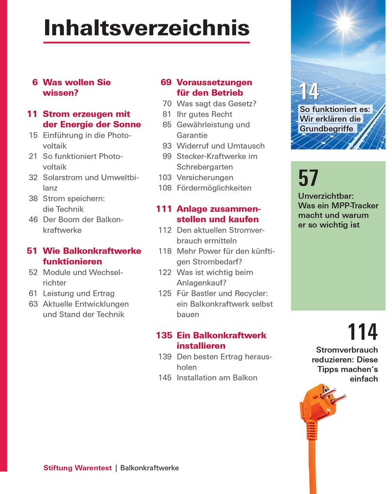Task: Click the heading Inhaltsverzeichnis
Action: (x=146, y=28)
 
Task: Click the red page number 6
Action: (x=35, y=82)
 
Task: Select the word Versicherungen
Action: (x=205, y=177)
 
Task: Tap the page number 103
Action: (x=165, y=177)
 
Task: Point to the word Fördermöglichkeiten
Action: (x=214, y=188)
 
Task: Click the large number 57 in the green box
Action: (x=308, y=179)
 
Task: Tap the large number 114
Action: (x=362, y=332)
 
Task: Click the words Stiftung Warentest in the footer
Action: (x=78, y=468)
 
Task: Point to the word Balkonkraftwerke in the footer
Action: (x=149, y=468)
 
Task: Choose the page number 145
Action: (x=165, y=378)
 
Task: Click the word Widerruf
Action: (x=193, y=146)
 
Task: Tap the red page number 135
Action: (x=164, y=335)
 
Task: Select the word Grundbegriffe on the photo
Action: (x=326, y=129)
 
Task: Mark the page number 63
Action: (x=33, y=304)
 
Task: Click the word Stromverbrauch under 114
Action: (x=347, y=350)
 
